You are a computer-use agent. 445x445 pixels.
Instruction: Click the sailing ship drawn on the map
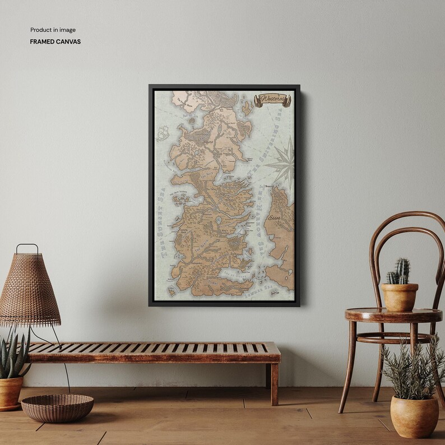pos(163,133)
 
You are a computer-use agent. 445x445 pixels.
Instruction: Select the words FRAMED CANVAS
pos(55,41)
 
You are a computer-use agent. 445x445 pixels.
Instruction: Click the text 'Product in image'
pos(53,30)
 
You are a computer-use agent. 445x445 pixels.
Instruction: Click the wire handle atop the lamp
pos(27,248)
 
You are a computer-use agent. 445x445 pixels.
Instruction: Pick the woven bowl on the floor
pos(57,407)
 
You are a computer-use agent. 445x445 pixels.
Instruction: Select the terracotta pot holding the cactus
pos(399,296)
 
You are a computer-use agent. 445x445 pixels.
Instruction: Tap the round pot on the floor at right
pos(414,416)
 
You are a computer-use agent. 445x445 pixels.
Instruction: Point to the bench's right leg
pos(274,383)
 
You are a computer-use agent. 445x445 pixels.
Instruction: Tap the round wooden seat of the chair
pos(392,314)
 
